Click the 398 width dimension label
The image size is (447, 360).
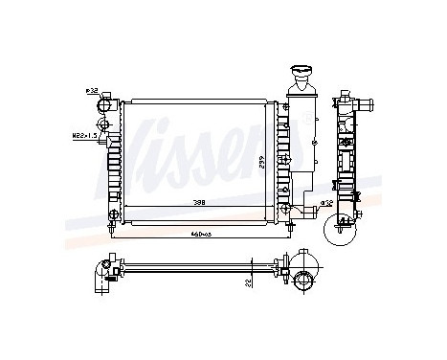(199, 203)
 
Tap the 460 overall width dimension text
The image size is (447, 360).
(200, 234)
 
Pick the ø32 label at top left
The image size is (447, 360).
(92, 90)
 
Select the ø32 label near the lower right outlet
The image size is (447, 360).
(325, 203)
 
